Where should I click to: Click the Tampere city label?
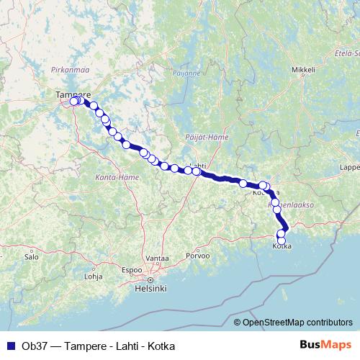(x=73, y=94)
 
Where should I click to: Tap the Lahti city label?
(x=197, y=165)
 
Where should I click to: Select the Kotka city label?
(x=282, y=247)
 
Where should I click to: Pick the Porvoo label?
(x=197, y=256)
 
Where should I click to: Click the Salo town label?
(x=31, y=256)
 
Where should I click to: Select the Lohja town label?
(x=94, y=276)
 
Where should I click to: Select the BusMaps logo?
(x=326, y=346)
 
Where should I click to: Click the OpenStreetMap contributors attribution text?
(x=297, y=322)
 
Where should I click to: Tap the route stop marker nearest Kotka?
(x=282, y=240)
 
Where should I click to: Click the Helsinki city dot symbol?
(x=150, y=279)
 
